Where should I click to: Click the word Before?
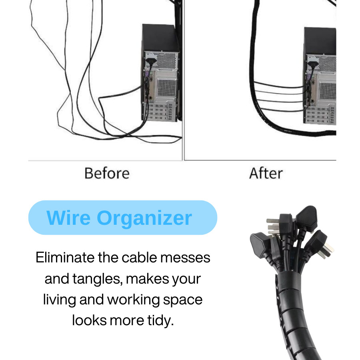point(107,173)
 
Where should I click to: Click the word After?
point(266,173)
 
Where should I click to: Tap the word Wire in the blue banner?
point(68,218)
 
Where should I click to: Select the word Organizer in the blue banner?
point(144,218)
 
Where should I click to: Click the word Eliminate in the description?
point(65,257)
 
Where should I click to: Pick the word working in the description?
point(133,300)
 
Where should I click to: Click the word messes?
point(185,258)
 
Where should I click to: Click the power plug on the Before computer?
point(151,62)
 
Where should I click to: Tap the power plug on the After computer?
point(313,64)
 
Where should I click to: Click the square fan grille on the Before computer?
point(167,88)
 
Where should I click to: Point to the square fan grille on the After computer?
point(328,91)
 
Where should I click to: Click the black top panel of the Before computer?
point(160,38)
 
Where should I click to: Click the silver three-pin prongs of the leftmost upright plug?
point(273,227)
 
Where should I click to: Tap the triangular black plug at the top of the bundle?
point(306,218)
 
